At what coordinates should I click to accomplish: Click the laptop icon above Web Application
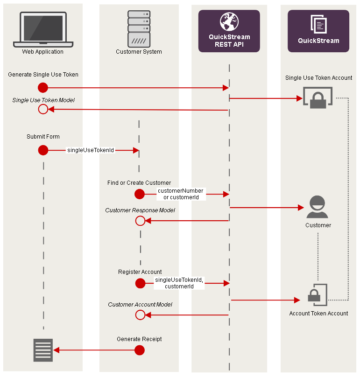pos(43,29)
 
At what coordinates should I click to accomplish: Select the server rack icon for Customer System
pos(139,28)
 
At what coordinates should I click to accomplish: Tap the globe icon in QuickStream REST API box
pos(229,22)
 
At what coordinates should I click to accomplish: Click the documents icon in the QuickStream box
pos(318,24)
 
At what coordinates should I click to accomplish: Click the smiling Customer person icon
pos(318,207)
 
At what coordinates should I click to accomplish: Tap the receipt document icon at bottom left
pos(43,350)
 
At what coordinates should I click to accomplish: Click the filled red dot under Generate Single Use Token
pos(43,87)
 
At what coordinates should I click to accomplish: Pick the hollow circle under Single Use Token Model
pos(43,109)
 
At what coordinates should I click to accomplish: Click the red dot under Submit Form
pos(43,150)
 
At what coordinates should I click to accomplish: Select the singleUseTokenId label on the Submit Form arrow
pos(91,150)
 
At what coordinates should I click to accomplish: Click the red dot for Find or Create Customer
pos(139,194)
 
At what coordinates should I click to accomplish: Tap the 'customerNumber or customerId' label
pos(180,194)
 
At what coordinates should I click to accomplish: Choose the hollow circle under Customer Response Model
pos(140,221)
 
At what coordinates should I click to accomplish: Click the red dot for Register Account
pos(140,283)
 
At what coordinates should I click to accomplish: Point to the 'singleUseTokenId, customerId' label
pos(179,283)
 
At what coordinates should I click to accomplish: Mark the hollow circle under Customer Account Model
pos(140,315)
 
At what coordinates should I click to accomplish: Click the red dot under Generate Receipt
pos(139,350)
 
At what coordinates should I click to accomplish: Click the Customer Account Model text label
pos(140,305)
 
